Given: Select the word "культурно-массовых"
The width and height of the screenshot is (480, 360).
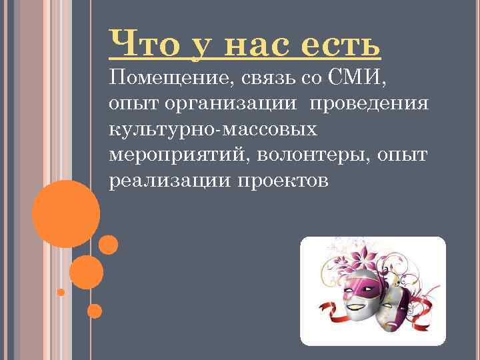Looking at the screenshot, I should tap(213, 130).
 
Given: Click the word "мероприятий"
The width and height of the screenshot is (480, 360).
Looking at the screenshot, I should tap(173, 155).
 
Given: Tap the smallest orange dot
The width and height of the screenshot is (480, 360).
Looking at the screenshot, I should tap(61, 292).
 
